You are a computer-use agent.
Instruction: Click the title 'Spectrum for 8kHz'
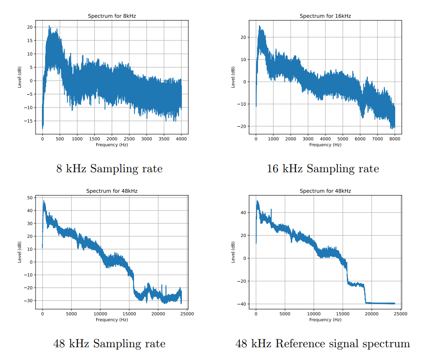coord(112,16)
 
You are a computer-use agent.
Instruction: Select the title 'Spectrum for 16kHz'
coord(325,16)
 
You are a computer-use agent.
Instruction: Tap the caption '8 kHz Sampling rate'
coord(109,169)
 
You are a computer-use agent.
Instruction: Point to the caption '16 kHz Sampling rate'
coord(323,169)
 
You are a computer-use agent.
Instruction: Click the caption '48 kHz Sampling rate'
coord(109,344)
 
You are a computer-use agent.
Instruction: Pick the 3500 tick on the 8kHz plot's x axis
coord(164,139)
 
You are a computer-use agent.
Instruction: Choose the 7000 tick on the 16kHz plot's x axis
coord(377,139)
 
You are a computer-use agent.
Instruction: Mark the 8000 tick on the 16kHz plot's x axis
coord(395,139)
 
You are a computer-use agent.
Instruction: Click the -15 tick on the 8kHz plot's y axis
coord(29,121)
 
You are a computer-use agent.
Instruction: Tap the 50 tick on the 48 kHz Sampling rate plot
coord(31,198)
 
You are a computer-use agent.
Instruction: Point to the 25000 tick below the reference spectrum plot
coord(401,314)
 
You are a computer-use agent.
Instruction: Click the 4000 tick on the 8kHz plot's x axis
coord(181,139)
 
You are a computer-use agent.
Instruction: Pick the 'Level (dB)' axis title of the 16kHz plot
coord(233,77)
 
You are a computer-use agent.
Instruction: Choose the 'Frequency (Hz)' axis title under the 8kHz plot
coord(112,144)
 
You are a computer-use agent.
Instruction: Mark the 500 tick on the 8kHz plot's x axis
coord(60,139)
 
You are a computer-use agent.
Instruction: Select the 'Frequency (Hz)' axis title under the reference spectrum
coord(325,319)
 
